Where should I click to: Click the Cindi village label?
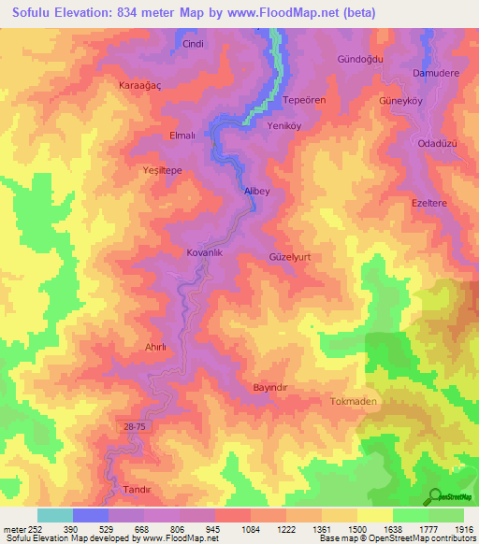click(x=193, y=43)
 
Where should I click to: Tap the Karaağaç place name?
click(x=140, y=85)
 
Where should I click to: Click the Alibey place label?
click(x=256, y=191)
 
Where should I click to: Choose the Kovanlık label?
click(x=204, y=252)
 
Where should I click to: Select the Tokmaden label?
click(x=354, y=401)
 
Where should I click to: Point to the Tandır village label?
click(x=137, y=490)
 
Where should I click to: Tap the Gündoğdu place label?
click(x=360, y=58)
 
